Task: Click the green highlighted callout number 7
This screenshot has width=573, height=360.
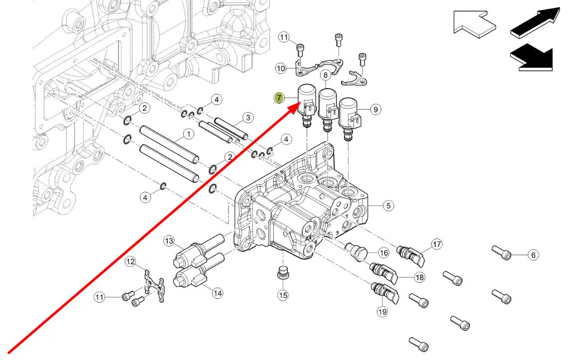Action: tap(279, 98)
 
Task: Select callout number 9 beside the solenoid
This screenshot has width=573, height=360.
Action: tap(375, 109)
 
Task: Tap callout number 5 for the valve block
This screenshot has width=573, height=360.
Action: tap(388, 206)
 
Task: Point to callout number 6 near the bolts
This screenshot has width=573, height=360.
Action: tap(533, 255)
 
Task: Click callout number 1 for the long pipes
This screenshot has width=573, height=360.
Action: tap(189, 134)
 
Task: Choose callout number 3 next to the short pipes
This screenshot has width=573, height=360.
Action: tap(248, 118)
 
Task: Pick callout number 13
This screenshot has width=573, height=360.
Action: tap(169, 241)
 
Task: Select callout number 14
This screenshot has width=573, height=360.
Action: tap(218, 293)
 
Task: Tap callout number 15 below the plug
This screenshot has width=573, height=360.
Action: tap(283, 295)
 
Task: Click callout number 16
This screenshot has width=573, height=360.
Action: tap(383, 252)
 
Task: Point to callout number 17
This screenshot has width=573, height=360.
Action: tap(437, 244)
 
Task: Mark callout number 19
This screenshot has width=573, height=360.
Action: tap(382, 312)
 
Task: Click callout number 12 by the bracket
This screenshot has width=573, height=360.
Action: tap(130, 262)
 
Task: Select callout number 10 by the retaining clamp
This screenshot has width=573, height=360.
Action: tap(281, 68)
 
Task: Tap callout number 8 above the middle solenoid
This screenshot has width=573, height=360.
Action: tap(325, 75)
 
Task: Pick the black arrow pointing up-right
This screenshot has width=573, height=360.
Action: tap(535, 22)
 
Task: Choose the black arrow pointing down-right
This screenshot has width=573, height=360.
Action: tap(532, 57)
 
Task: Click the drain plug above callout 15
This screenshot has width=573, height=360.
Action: tap(282, 273)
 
